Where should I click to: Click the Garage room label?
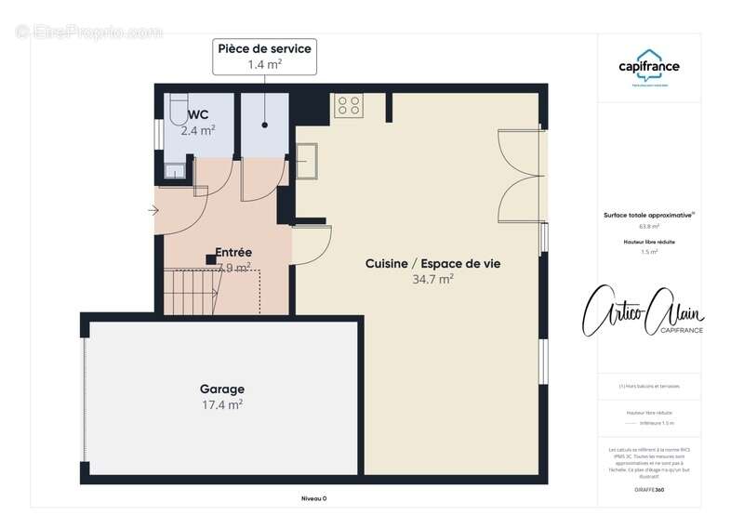(222, 389)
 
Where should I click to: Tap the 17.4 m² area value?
(222, 405)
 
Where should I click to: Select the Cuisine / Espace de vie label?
(432, 263)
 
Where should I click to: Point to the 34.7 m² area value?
(432, 279)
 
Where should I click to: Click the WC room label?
(197, 114)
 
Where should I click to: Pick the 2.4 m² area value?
(197, 131)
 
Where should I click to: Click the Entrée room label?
(233, 252)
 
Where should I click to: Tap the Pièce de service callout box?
(264, 56)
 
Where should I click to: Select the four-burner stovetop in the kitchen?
(349, 106)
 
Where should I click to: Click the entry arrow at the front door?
(153, 211)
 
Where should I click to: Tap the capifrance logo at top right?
(649, 69)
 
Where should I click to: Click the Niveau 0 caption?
(313, 498)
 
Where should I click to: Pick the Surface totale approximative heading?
(649, 214)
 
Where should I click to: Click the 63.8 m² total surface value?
(649, 226)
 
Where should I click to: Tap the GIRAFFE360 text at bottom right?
(649, 489)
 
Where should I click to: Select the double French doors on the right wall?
(518, 177)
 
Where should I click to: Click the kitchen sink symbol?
(308, 160)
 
